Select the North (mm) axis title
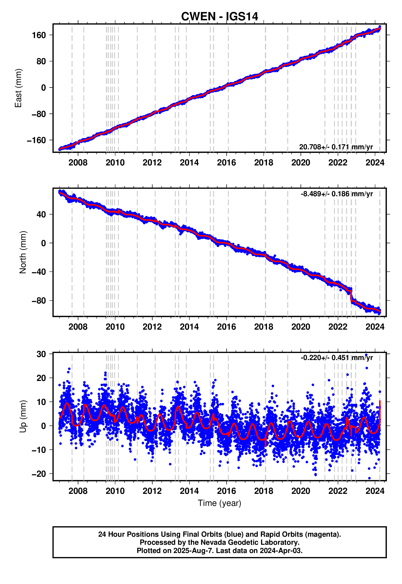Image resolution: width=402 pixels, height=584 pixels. (23, 252)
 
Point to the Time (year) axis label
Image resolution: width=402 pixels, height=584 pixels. (219, 503)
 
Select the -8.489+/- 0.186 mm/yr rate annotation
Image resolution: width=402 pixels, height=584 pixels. (336, 194)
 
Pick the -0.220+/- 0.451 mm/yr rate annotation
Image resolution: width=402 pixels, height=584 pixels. (336, 358)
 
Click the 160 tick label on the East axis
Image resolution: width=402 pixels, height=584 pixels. (39, 35)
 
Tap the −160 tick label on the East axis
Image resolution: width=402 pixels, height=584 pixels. (37, 140)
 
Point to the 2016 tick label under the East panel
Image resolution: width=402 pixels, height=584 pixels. (226, 163)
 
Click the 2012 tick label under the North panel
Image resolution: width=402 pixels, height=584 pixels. (152, 327)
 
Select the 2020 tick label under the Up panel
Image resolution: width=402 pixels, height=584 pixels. (300, 491)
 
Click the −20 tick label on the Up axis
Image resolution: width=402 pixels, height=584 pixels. (39, 474)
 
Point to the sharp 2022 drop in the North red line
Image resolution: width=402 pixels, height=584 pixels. (351, 296)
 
